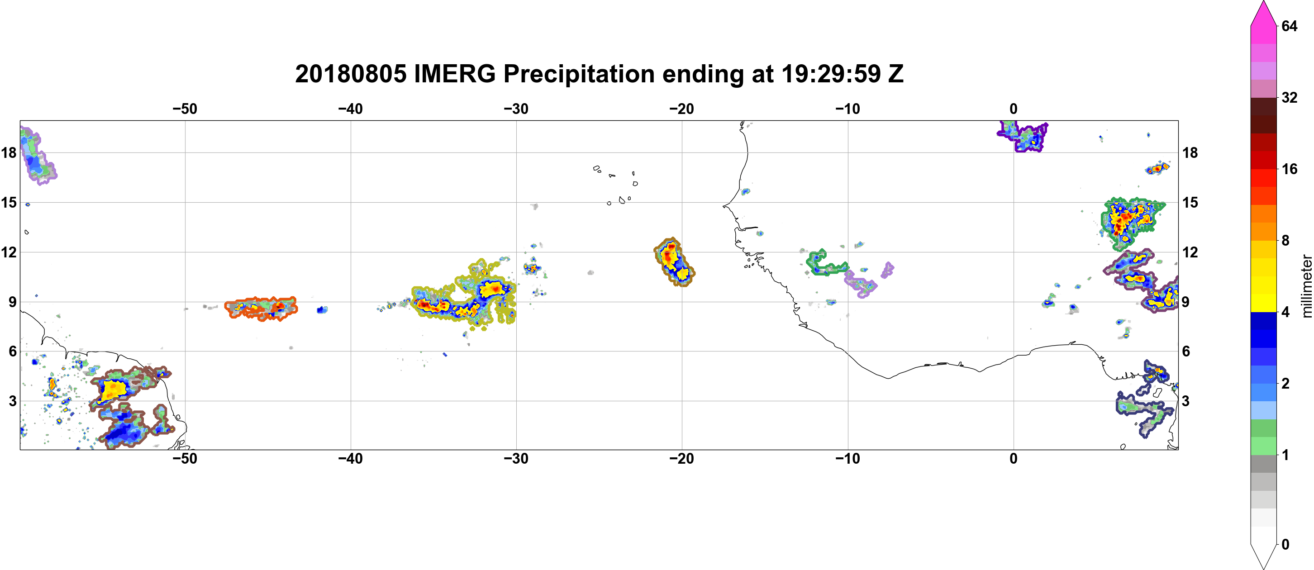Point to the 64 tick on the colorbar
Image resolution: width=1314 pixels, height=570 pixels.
point(1289,26)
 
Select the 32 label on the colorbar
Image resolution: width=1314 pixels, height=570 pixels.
point(1289,97)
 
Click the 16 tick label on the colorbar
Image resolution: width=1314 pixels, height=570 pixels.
point(1289,169)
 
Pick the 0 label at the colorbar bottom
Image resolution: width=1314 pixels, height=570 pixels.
point(1285,545)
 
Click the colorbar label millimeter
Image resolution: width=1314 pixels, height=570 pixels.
point(1306,286)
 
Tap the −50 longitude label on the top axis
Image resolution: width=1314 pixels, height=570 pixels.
point(185,109)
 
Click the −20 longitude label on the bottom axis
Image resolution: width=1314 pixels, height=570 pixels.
point(682,459)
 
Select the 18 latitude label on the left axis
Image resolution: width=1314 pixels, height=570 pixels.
point(9,152)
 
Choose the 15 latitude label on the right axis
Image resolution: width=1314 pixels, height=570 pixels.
point(1190,202)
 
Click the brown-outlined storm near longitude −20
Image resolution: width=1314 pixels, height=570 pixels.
point(674,262)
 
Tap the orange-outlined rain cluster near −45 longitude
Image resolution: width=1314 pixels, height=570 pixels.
point(261,309)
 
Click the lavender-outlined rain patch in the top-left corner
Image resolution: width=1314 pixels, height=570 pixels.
point(37,156)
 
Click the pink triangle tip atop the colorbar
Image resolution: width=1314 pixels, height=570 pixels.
point(1263,1)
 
